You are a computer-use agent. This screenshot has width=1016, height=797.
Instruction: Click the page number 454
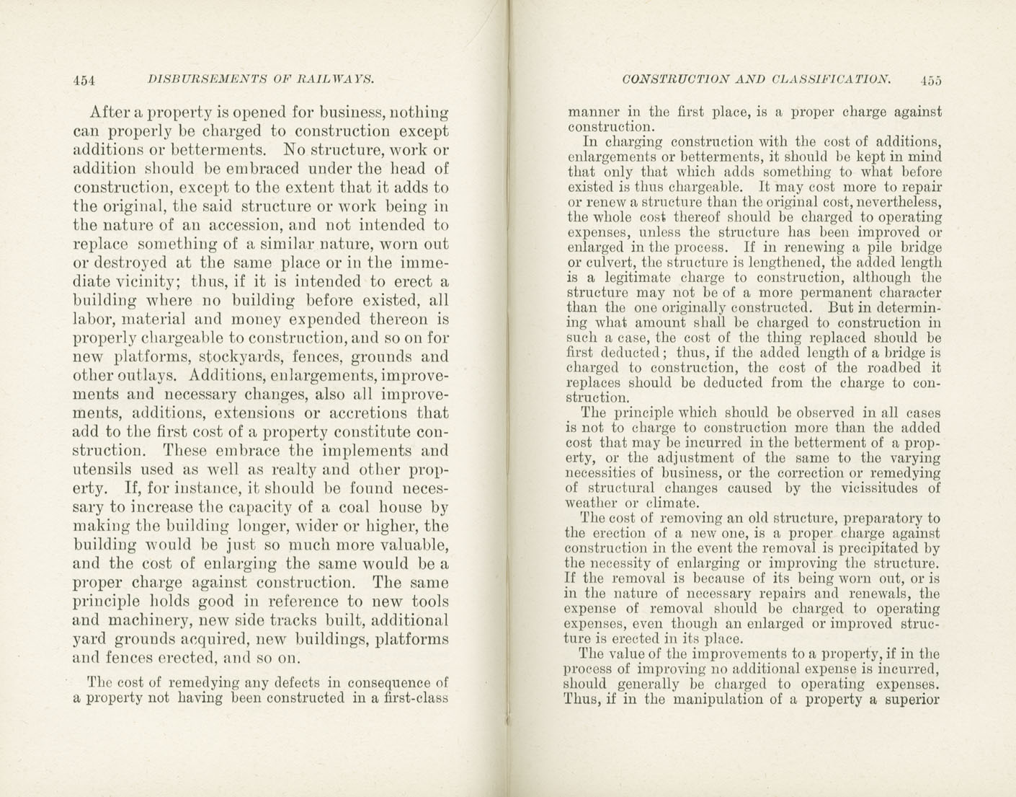[x=85, y=81]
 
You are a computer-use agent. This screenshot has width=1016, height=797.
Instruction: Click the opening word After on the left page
[x=110, y=113]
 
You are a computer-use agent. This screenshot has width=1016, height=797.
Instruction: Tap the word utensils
[x=102, y=470]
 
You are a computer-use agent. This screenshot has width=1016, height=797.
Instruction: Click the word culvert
[x=610, y=263]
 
